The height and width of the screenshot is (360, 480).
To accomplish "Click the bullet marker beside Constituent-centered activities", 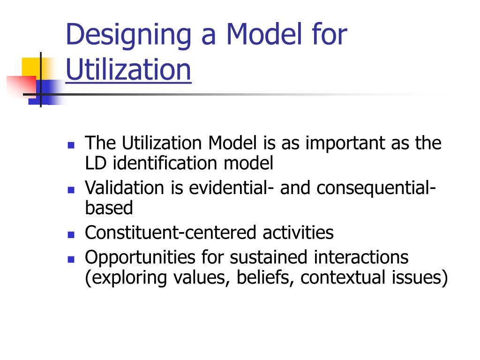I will pyautogui.click(x=71, y=233).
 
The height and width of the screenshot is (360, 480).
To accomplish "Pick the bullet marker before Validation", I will pyautogui.click(x=71, y=189).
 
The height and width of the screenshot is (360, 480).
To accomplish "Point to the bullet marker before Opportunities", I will pyautogui.click(x=71, y=258).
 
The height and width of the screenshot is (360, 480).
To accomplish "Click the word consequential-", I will pyautogui.click(x=375, y=188).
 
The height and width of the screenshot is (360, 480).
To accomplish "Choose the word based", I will pyautogui.click(x=109, y=208).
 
